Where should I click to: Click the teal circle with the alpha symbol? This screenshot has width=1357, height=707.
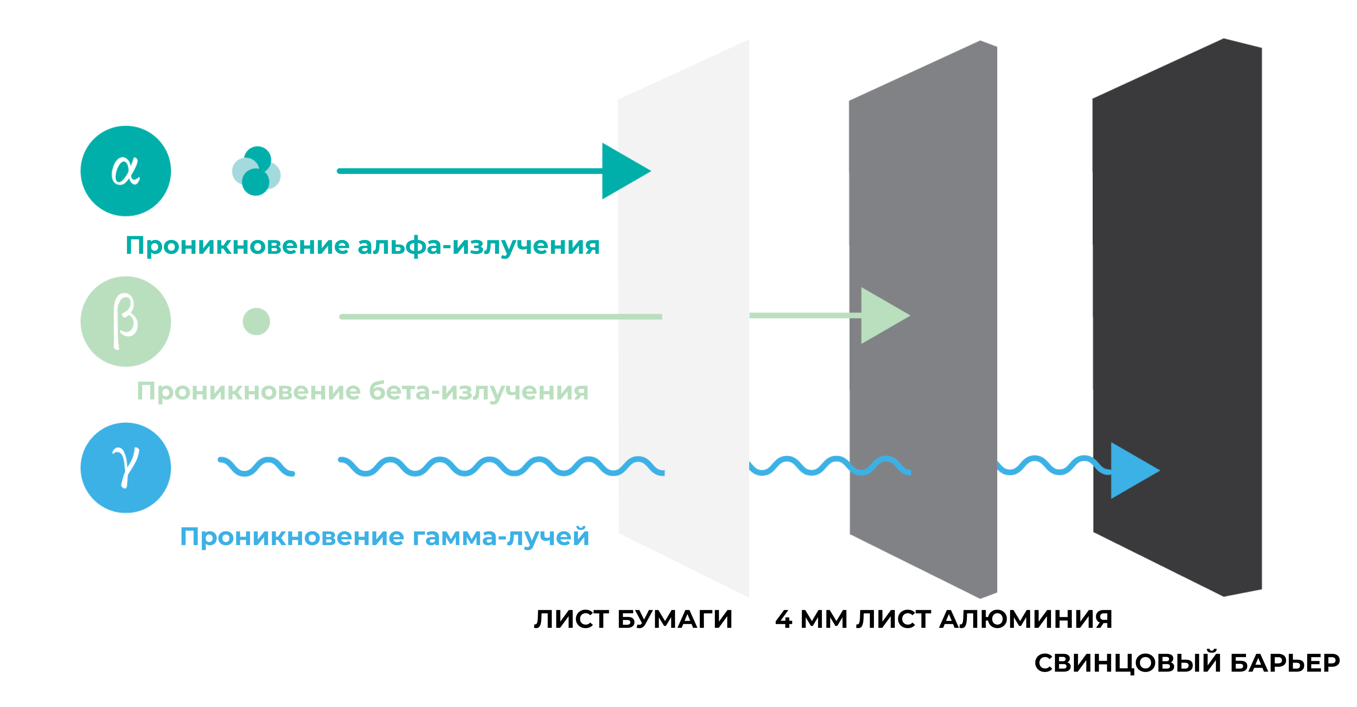click(125, 171)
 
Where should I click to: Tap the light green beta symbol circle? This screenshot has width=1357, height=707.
click(125, 321)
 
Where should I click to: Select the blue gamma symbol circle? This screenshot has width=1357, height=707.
click(125, 468)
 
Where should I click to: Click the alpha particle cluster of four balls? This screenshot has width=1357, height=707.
click(256, 171)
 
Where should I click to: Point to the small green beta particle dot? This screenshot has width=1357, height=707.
click(256, 321)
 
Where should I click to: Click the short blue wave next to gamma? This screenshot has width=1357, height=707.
click(256, 467)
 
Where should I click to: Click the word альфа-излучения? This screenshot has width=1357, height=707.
click(478, 245)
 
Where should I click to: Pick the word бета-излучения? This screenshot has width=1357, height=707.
click(478, 391)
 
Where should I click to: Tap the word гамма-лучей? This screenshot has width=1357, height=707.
click(500, 537)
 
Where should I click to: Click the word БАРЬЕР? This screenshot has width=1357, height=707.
click(1285, 663)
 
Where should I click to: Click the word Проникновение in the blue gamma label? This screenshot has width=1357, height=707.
click(292, 537)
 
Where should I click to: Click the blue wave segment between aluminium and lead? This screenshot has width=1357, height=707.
click(1053, 465)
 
